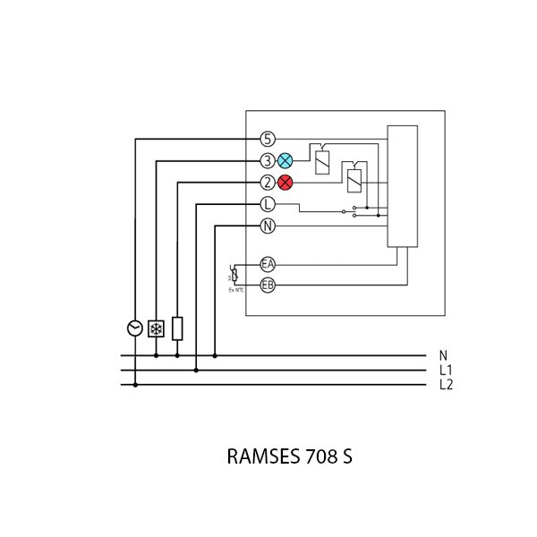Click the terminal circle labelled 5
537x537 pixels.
pyautogui.click(x=268, y=139)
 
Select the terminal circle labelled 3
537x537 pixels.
pyautogui.click(x=268, y=161)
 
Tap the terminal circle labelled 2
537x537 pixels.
pyautogui.click(x=268, y=183)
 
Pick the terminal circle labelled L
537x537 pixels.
pyautogui.click(x=268, y=205)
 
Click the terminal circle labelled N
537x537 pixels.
pyautogui.click(x=268, y=226)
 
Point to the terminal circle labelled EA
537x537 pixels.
pyautogui.click(x=268, y=264)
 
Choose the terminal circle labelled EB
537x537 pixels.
pyautogui.click(x=268, y=286)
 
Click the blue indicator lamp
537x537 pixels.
pyautogui.click(x=286, y=161)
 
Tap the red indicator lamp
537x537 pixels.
pyautogui.click(x=286, y=183)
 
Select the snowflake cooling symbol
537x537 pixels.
pyautogui.click(x=156, y=328)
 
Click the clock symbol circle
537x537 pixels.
pyautogui.click(x=135, y=328)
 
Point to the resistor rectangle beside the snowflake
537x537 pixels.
pyautogui.click(x=177, y=328)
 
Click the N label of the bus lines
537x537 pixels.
pyautogui.click(x=443, y=356)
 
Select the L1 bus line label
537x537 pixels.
pyautogui.click(x=446, y=371)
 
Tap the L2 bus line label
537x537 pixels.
pyautogui.click(x=446, y=385)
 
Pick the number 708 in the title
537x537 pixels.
pyautogui.click(x=317, y=456)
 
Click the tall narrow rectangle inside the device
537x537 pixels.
pyautogui.click(x=402, y=186)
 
